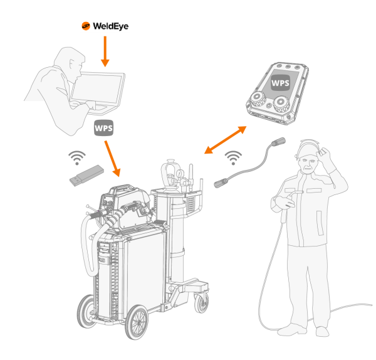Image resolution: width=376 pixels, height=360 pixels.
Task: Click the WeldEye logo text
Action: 110,26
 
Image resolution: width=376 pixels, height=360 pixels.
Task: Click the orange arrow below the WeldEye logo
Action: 105,50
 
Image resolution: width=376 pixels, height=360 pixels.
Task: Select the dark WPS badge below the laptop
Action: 103,127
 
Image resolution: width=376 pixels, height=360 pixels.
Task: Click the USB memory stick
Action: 86,175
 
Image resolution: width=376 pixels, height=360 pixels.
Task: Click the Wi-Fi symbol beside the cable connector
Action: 233,156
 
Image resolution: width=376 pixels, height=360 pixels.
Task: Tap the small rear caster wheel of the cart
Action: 201,304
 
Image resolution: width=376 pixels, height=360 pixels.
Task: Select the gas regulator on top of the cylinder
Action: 170,172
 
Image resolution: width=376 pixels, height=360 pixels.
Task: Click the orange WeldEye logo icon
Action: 85,26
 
